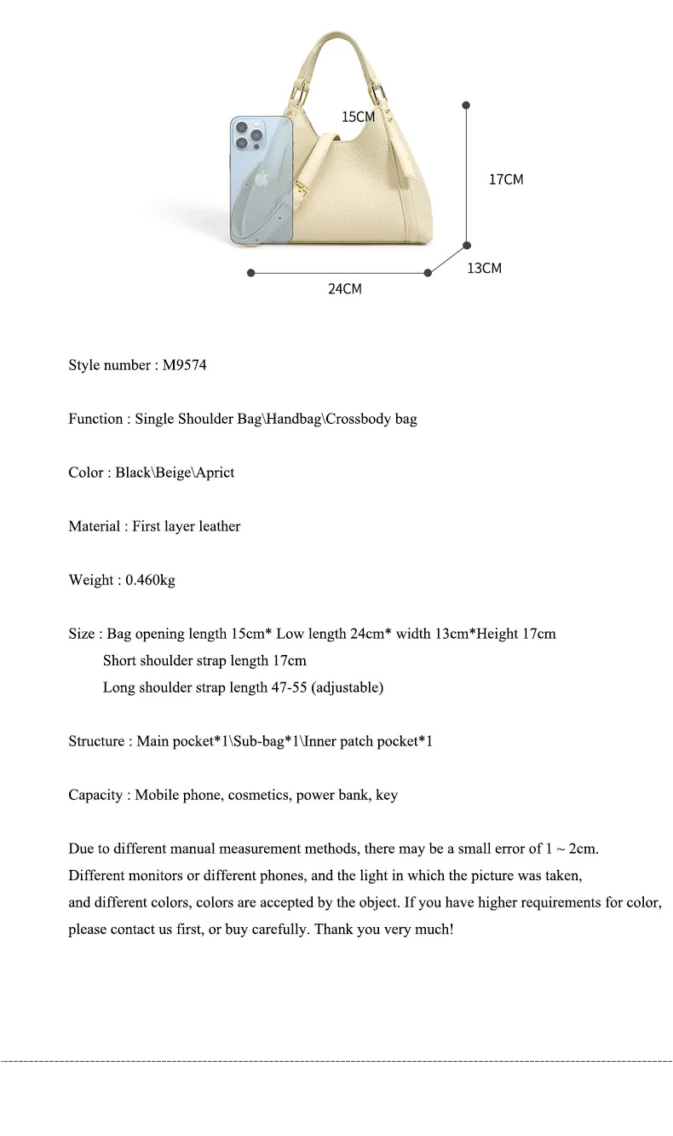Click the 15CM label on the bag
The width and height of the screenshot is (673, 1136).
[358, 117]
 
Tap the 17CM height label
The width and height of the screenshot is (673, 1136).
[506, 179]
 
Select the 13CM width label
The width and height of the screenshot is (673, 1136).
[484, 268]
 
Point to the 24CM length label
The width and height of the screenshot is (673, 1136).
[345, 289]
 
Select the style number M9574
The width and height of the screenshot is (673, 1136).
[184, 365]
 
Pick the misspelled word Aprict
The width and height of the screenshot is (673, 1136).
[215, 472]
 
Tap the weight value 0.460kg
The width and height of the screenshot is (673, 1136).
[150, 580]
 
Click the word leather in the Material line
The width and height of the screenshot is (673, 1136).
[220, 526]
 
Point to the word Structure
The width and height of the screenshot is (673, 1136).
[97, 741]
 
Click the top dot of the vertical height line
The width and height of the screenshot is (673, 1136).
[466, 105]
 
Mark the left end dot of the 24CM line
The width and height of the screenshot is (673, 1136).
[250, 273]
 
